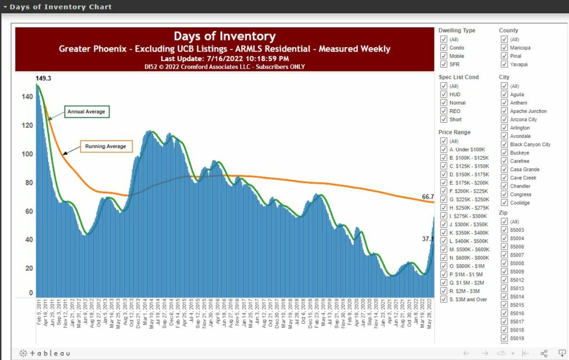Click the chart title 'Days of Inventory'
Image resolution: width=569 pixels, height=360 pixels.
tap(224, 37)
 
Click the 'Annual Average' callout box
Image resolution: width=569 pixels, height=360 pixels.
tap(86, 112)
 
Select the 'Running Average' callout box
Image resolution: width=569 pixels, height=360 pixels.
tap(105, 147)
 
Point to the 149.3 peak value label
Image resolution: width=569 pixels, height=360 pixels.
tap(44, 79)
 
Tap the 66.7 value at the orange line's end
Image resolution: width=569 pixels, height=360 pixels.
tap(428, 197)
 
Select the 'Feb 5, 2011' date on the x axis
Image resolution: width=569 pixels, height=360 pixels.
tap(39, 313)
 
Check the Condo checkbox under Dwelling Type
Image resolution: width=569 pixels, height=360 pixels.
tap(443, 48)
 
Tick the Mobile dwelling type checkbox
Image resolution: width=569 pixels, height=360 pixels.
tap(443, 56)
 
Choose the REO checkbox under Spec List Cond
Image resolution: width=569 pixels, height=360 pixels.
tap(443, 111)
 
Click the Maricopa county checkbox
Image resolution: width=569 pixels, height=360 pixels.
tap(504, 48)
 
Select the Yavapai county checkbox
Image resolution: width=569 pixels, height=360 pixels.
tap(504, 64)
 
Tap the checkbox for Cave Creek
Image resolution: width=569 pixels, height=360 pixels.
tap(504, 178)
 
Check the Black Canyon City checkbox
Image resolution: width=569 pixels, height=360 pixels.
tap(504, 144)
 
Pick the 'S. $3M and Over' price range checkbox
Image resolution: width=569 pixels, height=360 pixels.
tap(443, 299)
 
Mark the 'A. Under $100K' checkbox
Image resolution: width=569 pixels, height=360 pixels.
tap(443, 149)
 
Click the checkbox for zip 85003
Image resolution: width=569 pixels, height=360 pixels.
tap(504, 230)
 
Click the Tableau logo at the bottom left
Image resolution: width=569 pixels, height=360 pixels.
tap(45, 353)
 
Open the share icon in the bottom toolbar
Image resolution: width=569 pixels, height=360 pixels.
tap(544, 353)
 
